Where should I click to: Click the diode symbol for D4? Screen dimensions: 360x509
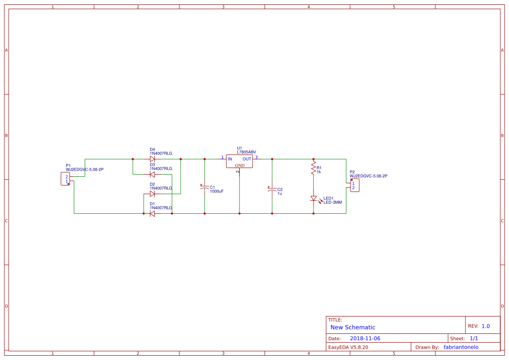152,159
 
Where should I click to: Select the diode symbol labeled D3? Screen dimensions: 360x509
152,175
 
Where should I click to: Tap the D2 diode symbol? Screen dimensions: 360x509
152,194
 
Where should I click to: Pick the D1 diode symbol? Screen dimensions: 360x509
152,214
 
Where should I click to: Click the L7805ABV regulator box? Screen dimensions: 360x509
239,161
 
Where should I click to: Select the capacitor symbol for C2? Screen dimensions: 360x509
272,190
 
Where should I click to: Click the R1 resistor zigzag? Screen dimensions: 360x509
313,168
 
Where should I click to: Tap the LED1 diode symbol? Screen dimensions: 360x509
313,199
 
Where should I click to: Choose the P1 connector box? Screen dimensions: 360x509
65,179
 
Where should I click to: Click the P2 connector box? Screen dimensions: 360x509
354,185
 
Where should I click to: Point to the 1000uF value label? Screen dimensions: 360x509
217,192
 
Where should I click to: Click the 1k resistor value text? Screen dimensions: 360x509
319,172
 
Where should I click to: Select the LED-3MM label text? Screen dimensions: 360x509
333,202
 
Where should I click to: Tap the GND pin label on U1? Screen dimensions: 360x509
239,166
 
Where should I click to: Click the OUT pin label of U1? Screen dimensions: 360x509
247,159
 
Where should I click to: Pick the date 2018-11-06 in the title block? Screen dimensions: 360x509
365,338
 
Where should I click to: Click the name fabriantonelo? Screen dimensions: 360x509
461,347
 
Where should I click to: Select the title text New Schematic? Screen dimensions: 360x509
353,327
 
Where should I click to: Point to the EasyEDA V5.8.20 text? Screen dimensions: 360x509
348,347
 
